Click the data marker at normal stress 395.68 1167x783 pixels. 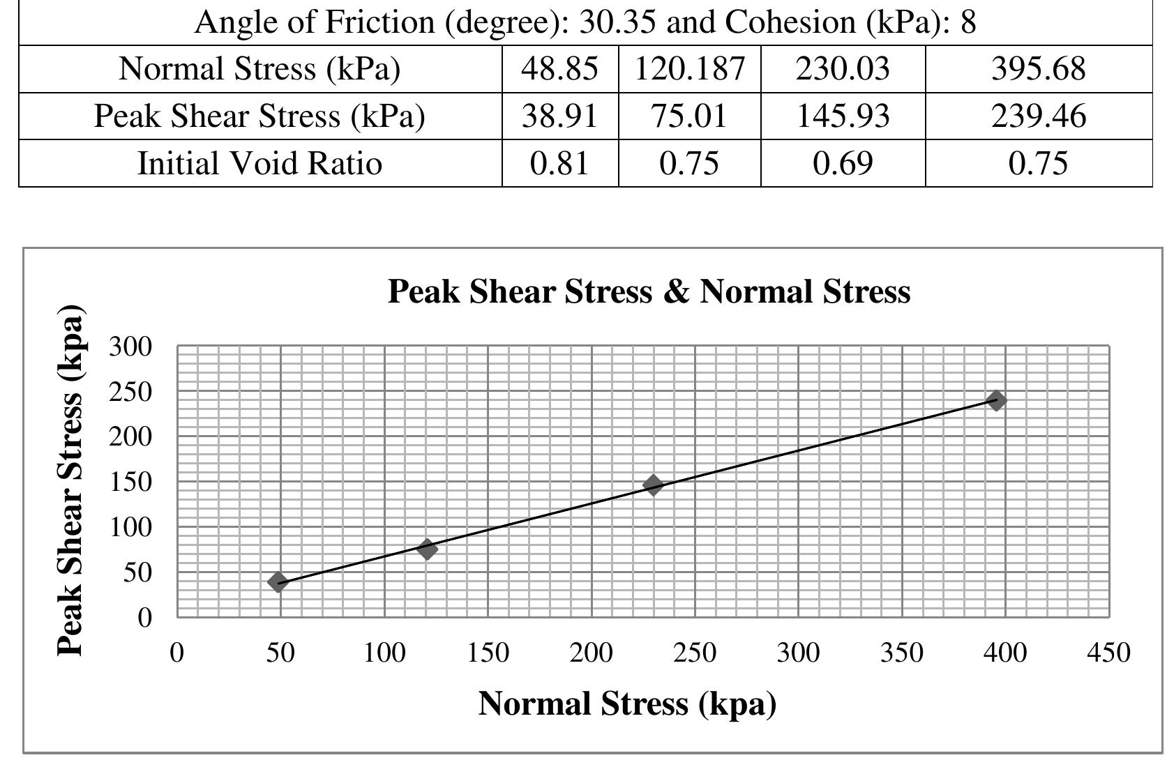tap(997, 400)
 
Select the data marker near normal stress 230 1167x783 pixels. tap(653, 485)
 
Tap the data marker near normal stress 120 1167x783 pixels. tap(427, 549)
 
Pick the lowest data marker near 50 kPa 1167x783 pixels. tap(278, 582)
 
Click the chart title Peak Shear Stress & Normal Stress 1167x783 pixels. tap(648, 291)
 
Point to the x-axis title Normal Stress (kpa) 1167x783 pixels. tap(626, 704)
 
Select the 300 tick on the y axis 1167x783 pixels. tap(130, 347)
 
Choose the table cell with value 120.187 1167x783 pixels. tap(689, 69)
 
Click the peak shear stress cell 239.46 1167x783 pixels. tap(1038, 116)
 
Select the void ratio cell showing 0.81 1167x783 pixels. tap(559, 163)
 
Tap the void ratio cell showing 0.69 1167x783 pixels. tap(842, 163)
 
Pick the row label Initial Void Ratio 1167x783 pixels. tap(259, 163)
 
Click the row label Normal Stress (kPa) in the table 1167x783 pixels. tap(259, 69)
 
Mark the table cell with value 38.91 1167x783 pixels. tap(559, 116)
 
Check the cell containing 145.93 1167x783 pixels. tap(842, 116)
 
